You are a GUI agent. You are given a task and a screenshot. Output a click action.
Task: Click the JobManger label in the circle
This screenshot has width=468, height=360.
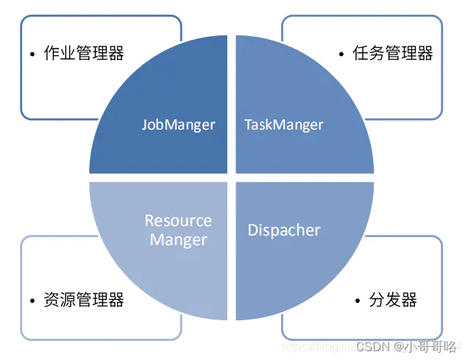pos(178,124)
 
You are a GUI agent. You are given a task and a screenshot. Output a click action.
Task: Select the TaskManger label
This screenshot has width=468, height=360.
pos(283,124)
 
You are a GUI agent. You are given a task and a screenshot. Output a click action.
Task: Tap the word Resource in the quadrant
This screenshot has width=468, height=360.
pos(178,220)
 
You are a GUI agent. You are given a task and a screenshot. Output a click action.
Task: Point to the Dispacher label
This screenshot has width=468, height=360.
pos(283,230)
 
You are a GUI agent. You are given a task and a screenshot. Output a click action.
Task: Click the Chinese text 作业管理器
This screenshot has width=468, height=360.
pos(84,53)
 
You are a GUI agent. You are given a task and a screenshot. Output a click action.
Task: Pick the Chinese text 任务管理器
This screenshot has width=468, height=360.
pos(394,53)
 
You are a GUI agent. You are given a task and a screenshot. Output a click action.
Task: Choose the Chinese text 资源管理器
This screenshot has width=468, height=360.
pos(84,300)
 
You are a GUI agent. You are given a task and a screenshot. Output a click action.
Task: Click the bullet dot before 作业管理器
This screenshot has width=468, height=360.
pos(32,54)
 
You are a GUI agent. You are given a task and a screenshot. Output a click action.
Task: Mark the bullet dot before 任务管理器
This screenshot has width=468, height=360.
pos(342,54)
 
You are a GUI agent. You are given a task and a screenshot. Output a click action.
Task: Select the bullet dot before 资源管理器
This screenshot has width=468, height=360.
pos(32,301)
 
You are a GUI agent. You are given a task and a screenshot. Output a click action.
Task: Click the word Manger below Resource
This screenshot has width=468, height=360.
pos(178,239)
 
